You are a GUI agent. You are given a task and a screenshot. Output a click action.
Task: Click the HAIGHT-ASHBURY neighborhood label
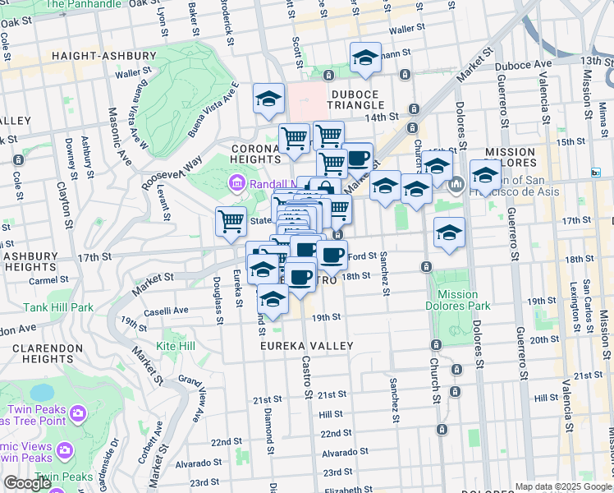click(103, 56)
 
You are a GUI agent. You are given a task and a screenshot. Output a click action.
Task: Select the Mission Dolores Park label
click(458, 301)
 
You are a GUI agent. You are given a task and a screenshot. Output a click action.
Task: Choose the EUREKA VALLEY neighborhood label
click(306, 346)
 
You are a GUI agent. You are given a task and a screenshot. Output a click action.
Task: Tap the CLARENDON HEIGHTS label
click(48, 354)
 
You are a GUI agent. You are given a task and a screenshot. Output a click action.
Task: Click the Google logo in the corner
click(26, 483)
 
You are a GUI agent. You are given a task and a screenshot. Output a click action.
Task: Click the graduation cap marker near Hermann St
click(365, 58)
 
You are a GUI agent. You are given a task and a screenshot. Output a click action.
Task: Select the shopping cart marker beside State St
click(231, 220)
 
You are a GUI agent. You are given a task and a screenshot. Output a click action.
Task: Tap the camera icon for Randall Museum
click(237, 182)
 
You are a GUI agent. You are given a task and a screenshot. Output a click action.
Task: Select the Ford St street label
click(362, 256)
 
